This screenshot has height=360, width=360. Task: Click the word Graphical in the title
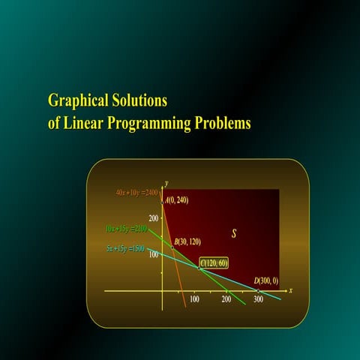tap(77, 100)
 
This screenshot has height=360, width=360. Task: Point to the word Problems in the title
tap(221, 121)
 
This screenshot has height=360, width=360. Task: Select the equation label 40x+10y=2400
tap(136, 193)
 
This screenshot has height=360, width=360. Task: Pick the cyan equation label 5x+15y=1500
tap(125, 247)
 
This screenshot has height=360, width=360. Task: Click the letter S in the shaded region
tap(234, 234)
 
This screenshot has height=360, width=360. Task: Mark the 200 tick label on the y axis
tap(154, 218)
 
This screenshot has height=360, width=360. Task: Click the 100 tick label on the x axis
tap(194, 299)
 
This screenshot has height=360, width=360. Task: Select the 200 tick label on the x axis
tap(226, 299)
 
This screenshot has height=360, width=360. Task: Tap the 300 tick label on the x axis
tap(259, 299)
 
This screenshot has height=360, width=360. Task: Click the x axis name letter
tap(290, 290)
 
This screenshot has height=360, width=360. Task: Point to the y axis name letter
tap(166, 183)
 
